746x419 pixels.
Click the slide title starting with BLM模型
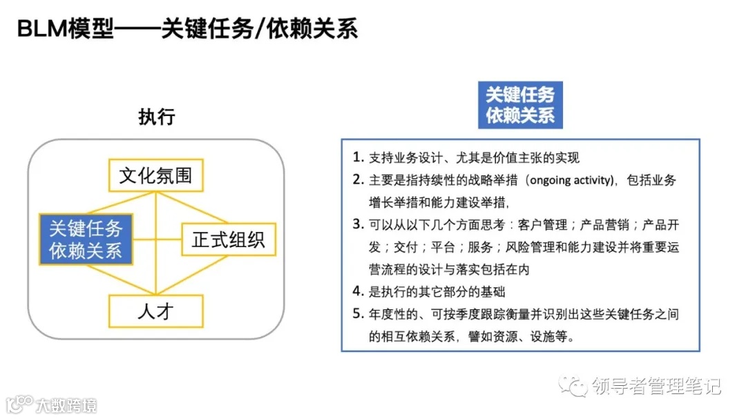pyautogui.click(x=186, y=30)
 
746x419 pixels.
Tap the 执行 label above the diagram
pyautogui.click(x=156, y=117)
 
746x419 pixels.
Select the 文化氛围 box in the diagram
pyautogui.click(x=155, y=175)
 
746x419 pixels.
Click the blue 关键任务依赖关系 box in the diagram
pyautogui.click(x=86, y=238)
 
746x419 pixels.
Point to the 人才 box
pyautogui.click(x=155, y=311)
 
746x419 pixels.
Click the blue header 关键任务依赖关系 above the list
pyautogui.click(x=520, y=105)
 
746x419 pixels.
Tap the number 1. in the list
pyautogui.click(x=358, y=157)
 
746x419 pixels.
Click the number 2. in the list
pyautogui.click(x=358, y=180)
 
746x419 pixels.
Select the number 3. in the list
pyautogui.click(x=358, y=224)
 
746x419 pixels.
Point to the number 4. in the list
pyautogui.click(x=358, y=291)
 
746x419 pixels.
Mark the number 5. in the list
pyautogui.click(x=358, y=314)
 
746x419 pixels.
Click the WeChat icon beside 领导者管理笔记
pyautogui.click(x=575, y=385)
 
